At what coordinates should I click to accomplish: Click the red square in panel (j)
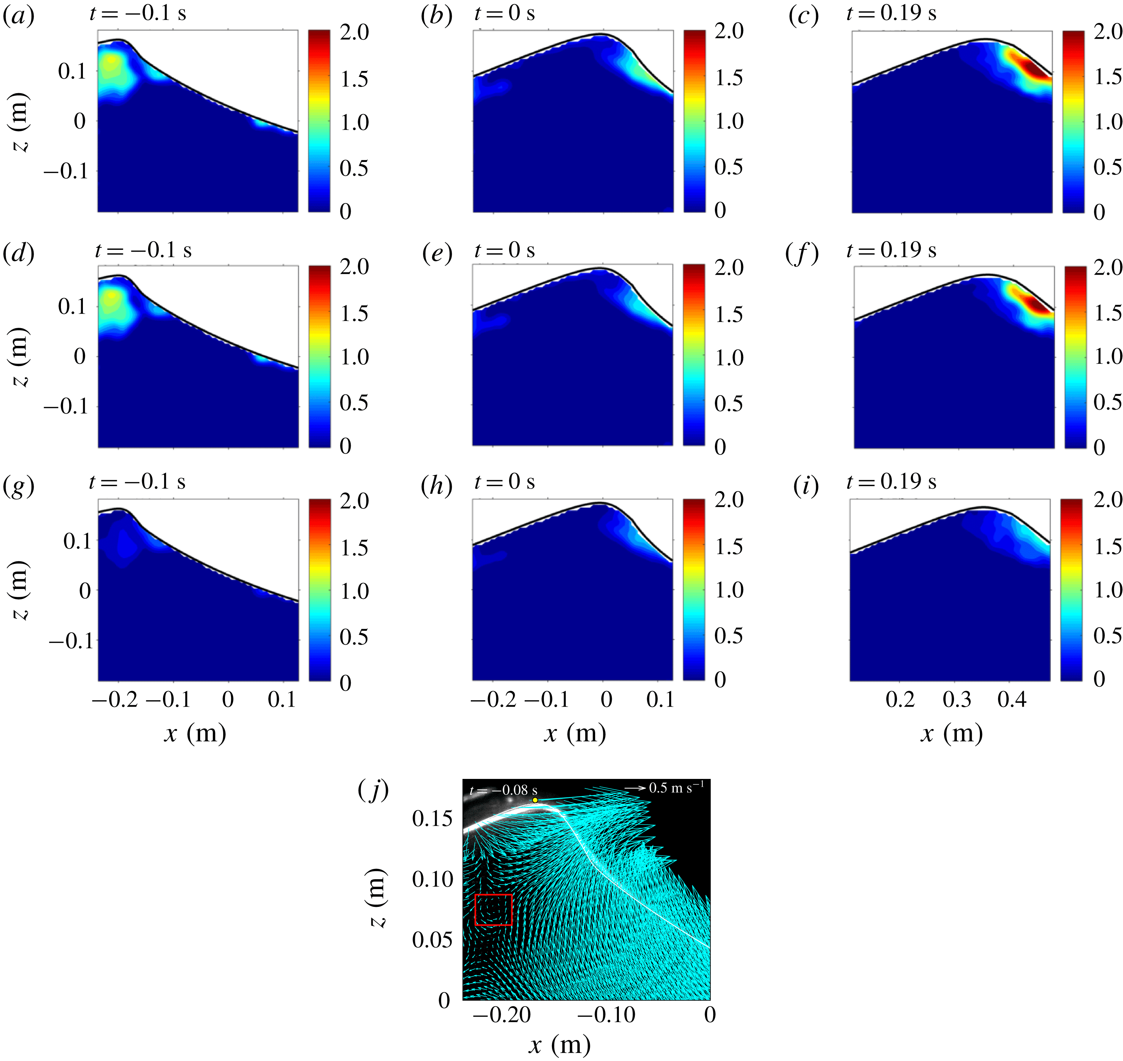[493, 910]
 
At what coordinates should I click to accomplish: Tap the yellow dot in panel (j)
[535, 800]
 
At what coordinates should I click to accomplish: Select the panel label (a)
[19, 17]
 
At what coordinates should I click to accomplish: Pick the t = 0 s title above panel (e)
[504, 250]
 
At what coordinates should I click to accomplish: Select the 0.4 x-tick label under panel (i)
[1012, 700]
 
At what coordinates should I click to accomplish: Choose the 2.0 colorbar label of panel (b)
[729, 32]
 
